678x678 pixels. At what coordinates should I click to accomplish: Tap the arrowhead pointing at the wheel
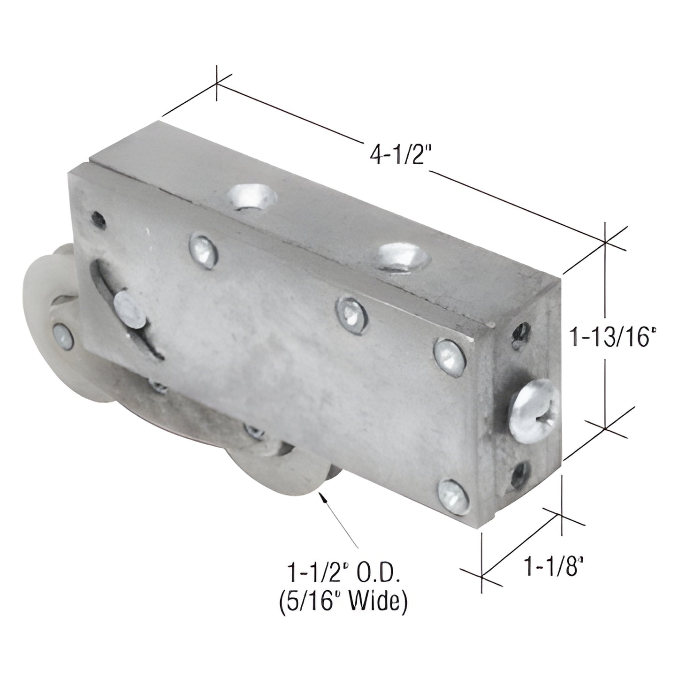pos(322,498)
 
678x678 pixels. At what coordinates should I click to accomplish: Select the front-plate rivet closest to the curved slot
pos(203,247)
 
